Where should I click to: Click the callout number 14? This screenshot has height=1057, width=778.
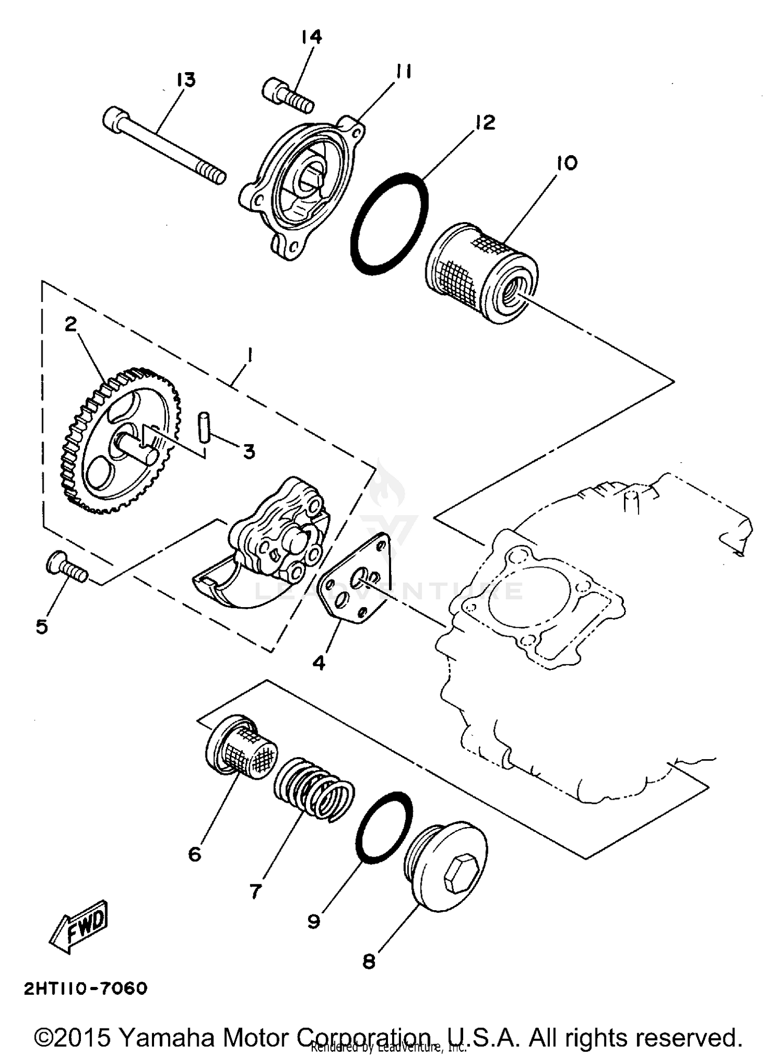click(311, 37)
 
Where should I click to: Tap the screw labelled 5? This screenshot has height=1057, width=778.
click(66, 568)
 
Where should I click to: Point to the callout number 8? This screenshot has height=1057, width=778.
click(369, 962)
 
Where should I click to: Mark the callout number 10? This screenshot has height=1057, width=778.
click(566, 163)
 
